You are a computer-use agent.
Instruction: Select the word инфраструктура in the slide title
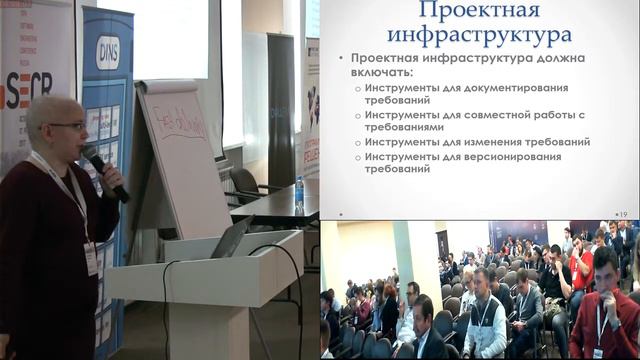(x=480, y=37)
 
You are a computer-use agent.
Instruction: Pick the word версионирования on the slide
(x=512, y=157)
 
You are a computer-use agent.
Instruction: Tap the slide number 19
(x=621, y=214)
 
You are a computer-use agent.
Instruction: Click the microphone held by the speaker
(x=103, y=170)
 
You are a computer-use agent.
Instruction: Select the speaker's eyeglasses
(x=68, y=126)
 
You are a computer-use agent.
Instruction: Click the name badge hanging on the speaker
(x=91, y=258)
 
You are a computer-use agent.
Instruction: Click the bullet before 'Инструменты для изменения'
(x=358, y=142)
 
